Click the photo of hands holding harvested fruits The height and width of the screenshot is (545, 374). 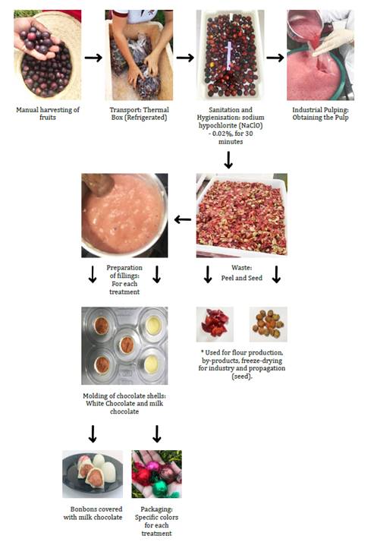coord(48,55)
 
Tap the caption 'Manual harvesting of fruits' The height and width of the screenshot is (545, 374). coord(48,114)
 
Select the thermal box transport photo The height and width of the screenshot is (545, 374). coord(139,55)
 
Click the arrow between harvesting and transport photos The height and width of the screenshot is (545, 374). coord(93,58)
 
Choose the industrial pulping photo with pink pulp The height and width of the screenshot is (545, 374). coord(321,55)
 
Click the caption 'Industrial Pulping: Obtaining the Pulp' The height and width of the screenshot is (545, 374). coord(321,114)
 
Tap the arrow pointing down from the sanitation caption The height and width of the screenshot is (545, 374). coord(228,160)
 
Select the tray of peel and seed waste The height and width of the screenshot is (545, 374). coord(242,216)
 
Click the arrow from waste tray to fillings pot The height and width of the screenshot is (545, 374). coord(183,219)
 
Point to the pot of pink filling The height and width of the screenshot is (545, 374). coord(124,216)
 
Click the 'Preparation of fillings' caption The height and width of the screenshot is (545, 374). coord(124,280)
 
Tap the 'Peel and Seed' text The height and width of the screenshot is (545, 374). coord(242,278)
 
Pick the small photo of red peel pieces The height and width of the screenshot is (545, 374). coord(215,324)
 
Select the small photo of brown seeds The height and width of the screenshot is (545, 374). coord(268,324)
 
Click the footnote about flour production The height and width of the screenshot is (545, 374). coord(242,364)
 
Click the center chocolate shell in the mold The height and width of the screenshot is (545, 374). coord(127,345)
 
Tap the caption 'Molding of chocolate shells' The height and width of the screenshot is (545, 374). coord(124,404)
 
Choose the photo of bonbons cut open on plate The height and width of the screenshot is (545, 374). coord(93,474)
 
